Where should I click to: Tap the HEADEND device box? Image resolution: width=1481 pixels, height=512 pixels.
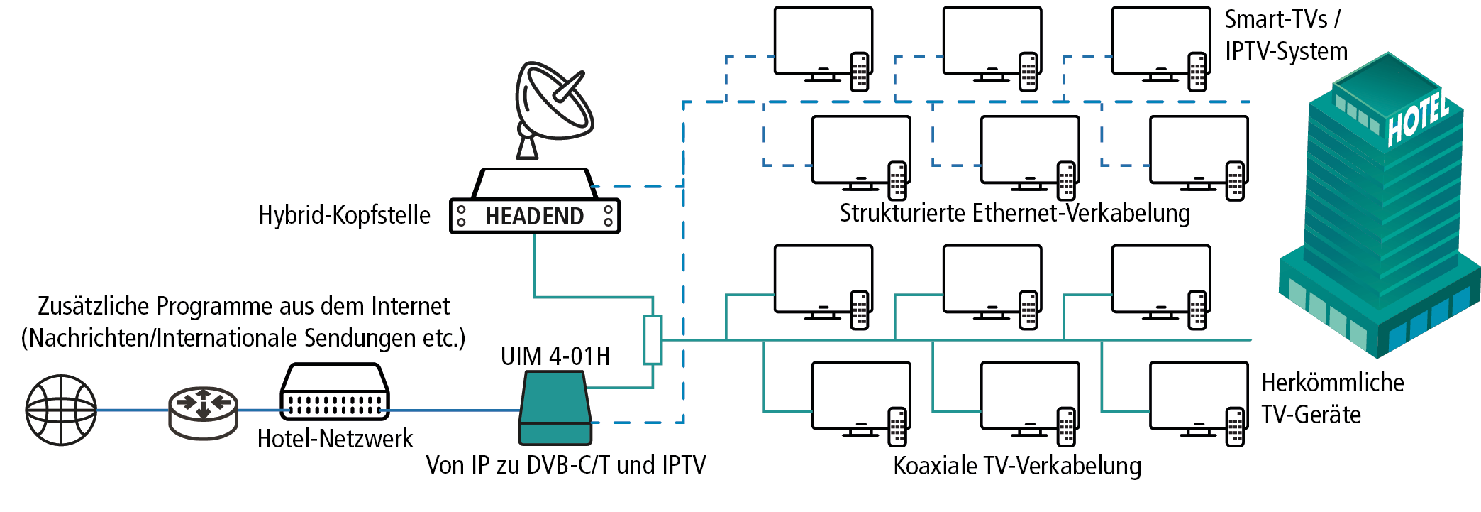534,216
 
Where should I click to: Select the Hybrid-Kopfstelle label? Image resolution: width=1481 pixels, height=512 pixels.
344,215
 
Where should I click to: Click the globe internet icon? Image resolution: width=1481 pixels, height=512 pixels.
61,410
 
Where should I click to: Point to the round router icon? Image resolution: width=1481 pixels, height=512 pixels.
203,411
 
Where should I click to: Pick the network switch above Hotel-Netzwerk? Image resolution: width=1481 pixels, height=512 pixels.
335,392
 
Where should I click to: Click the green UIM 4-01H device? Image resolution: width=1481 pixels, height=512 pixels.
555,408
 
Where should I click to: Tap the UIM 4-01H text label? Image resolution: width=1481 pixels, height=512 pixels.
555,356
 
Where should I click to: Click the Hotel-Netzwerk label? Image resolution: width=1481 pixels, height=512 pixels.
335,439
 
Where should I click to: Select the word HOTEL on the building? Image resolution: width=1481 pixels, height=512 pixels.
1418,119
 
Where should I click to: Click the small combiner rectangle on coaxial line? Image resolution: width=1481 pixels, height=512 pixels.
653,340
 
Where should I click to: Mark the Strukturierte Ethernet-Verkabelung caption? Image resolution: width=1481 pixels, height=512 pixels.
1015,213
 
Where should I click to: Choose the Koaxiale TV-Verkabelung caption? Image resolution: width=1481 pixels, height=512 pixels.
1017,466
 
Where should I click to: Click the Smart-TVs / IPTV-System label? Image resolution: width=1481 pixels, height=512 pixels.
1285,36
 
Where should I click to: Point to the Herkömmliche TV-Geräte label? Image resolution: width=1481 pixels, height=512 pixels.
1332,398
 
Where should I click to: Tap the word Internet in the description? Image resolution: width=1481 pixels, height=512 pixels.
411,306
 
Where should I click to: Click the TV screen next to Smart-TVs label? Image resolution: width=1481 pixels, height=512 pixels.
1160,40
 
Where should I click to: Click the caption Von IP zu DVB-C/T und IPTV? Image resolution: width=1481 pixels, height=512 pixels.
566,465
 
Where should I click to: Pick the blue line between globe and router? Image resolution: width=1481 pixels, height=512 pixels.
133,410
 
